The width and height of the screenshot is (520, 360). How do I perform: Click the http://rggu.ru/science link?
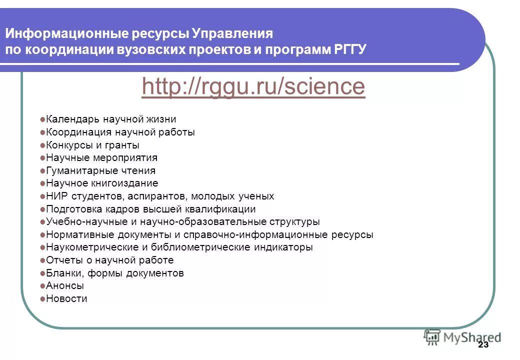click(x=253, y=86)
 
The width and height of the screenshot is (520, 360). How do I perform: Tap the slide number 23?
click(x=483, y=345)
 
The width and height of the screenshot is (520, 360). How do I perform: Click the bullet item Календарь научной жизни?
click(x=110, y=119)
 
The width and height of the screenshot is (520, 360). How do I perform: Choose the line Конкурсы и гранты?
click(x=92, y=145)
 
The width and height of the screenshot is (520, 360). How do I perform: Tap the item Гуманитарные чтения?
click(x=100, y=170)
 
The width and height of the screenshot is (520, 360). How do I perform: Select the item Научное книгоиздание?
click(x=102, y=183)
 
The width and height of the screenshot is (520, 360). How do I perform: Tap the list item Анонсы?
click(x=65, y=286)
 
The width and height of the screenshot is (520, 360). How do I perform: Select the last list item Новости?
click(x=66, y=299)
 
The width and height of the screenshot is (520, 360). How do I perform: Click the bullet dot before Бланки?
click(x=42, y=273)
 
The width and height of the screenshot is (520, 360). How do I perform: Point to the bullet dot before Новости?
click(x=42, y=299)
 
